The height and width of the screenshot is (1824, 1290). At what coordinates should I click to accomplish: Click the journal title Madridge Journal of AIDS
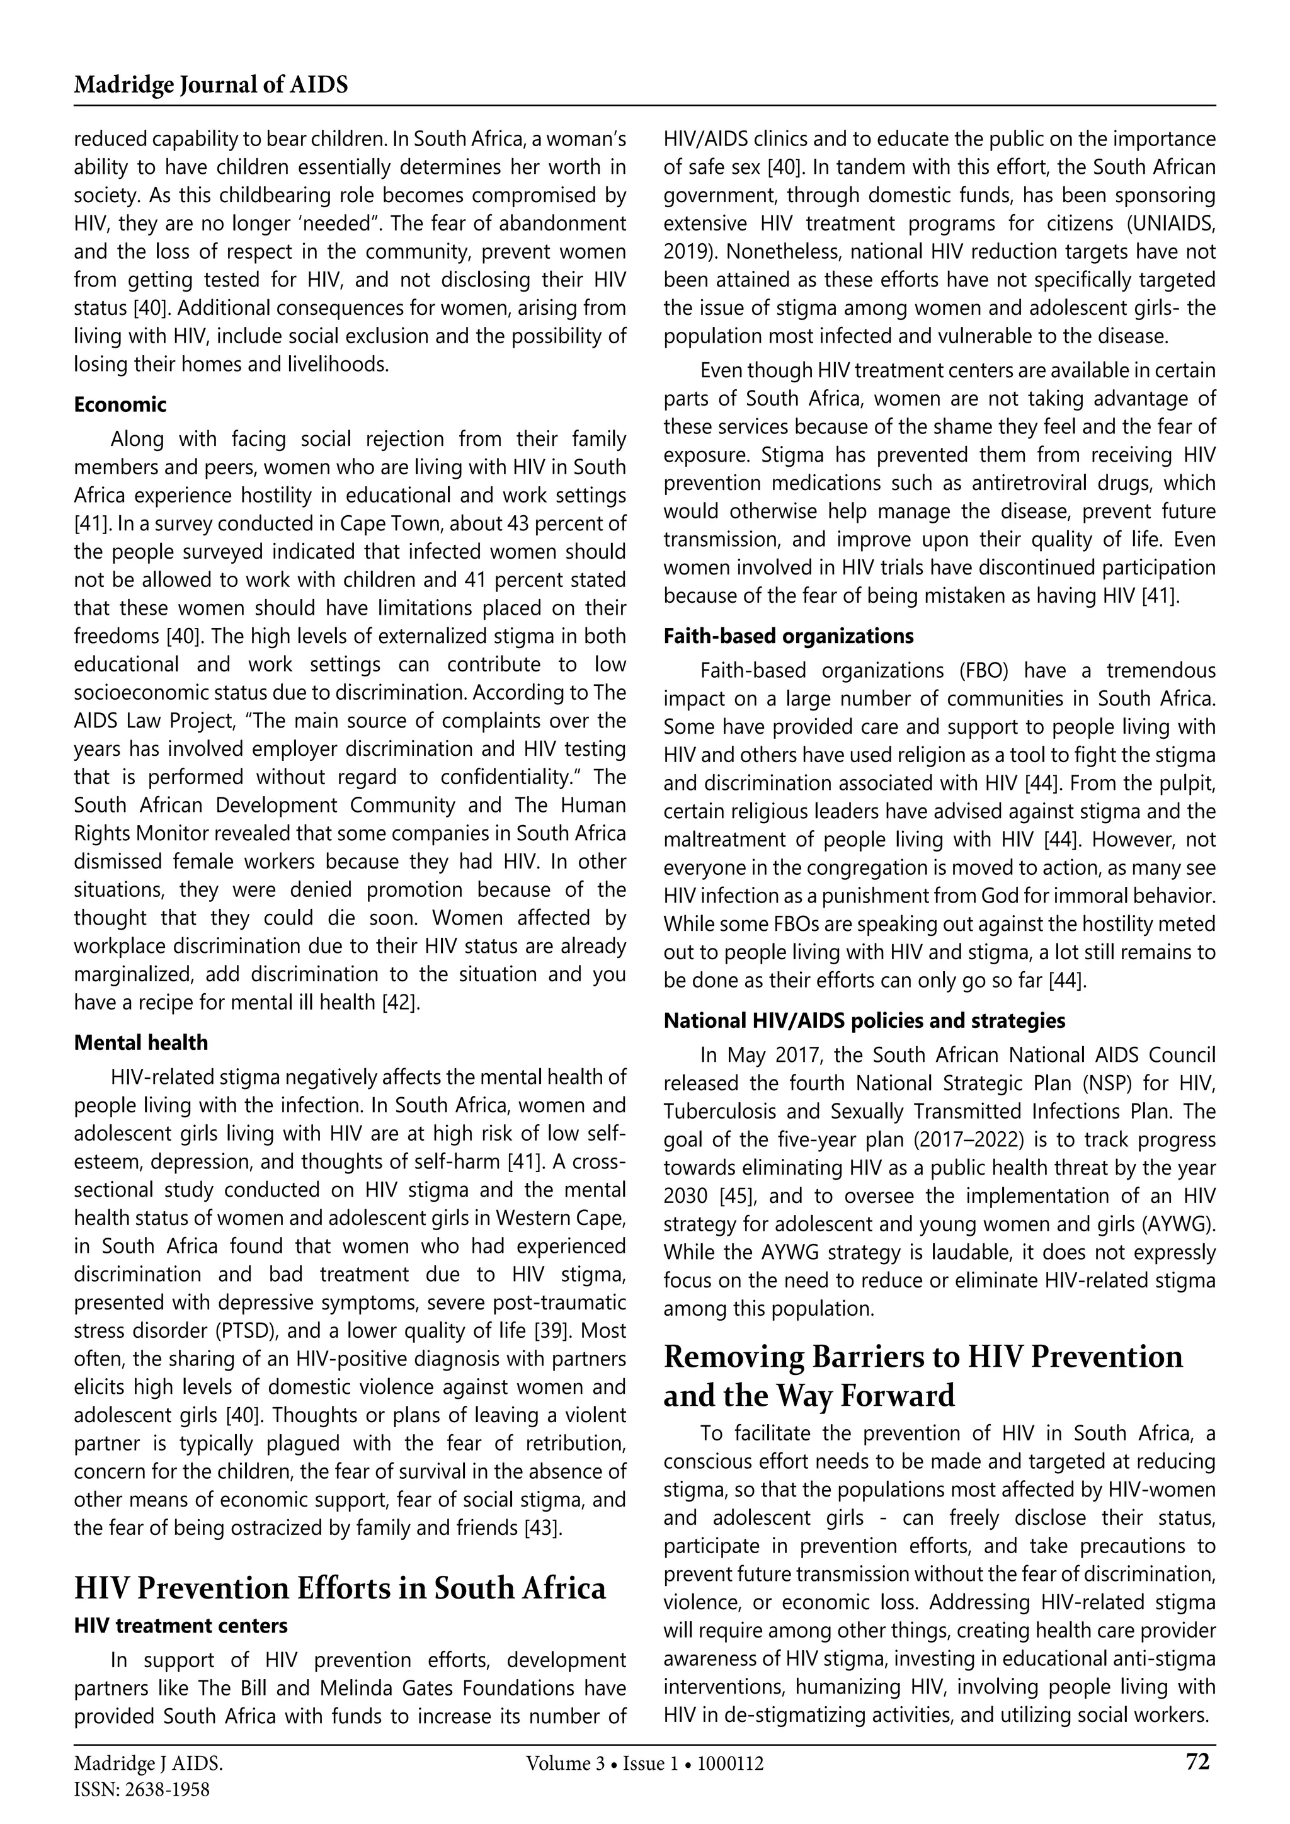pyautogui.click(x=210, y=85)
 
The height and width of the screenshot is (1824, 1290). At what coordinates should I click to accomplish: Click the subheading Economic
pyautogui.click(x=120, y=405)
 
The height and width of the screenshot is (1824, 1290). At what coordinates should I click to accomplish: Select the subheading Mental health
pyautogui.click(x=140, y=1042)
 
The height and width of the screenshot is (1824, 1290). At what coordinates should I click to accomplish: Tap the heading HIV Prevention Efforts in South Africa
pyautogui.click(x=339, y=1587)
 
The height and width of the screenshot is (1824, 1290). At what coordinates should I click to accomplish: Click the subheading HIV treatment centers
pyautogui.click(x=180, y=1626)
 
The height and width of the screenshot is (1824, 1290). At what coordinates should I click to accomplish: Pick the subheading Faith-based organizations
pyautogui.click(x=788, y=636)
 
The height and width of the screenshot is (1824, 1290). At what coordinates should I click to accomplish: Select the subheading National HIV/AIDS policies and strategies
pyautogui.click(x=864, y=1020)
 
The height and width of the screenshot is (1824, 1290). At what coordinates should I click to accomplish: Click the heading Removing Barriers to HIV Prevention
pyautogui.click(x=922, y=1357)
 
